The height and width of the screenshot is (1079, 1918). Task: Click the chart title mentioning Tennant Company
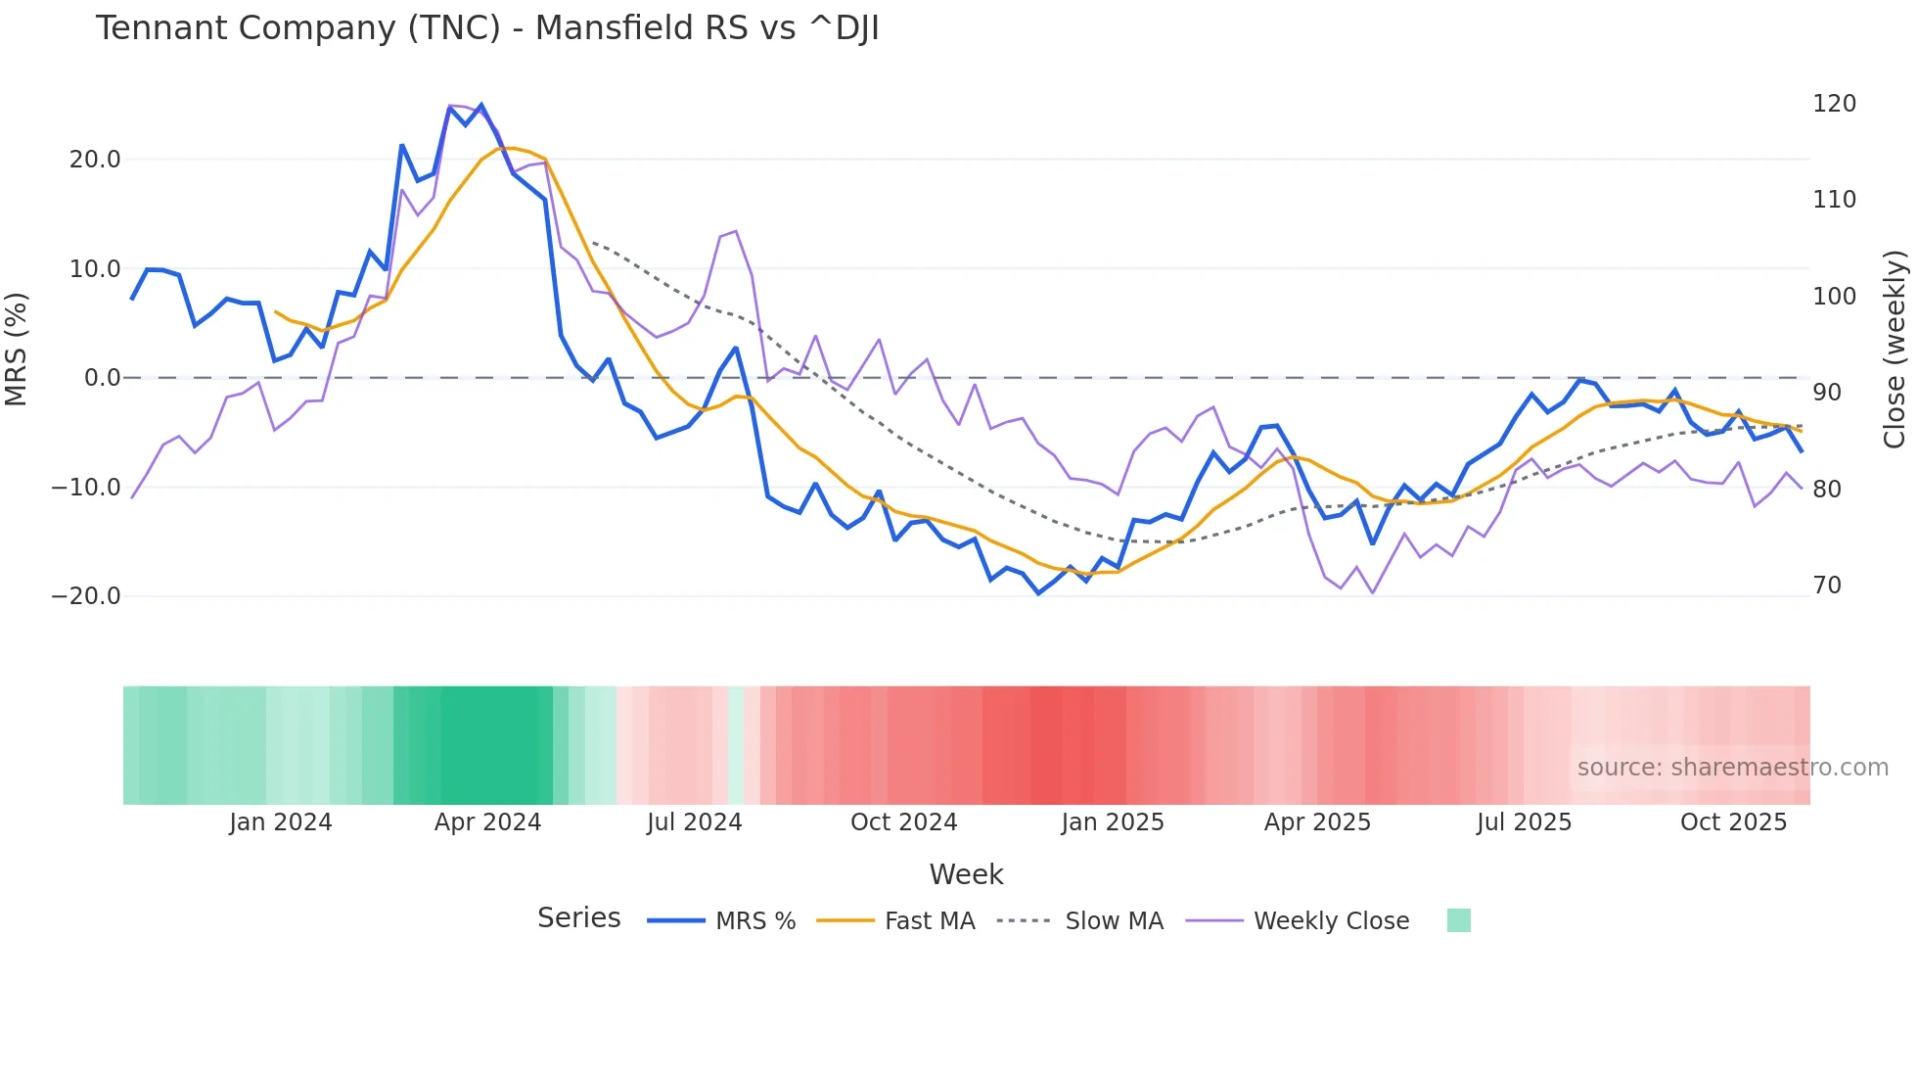pyautogui.click(x=486, y=28)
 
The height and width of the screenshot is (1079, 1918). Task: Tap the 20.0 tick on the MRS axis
pyautogui.click(x=95, y=160)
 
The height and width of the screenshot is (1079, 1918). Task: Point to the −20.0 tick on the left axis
pyautogui.click(x=86, y=596)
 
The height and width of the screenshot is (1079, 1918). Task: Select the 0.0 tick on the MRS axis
pyautogui.click(x=102, y=378)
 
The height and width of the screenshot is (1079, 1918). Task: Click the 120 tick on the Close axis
pyautogui.click(x=1834, y=104)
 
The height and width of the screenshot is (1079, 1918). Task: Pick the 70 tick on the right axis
pyautogui.click(x=1826, y=586)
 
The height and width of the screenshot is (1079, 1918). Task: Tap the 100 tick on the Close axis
pyautogui.click(x=1834, y=297)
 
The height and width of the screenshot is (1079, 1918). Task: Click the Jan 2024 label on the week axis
pyautogui.click(x=281, y=822)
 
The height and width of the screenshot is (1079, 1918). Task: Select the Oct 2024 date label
pyautogui.click(x=903, y=822)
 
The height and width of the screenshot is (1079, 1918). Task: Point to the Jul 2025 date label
pyautogui.click(x=1524, y=822)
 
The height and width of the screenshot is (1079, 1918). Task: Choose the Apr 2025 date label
pyautogui.click(x=1317, y=822)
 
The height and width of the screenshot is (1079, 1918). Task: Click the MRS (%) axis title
pyautogui.click(x=17, y=349)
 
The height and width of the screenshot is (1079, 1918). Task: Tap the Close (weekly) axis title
pyautogui.click(x=1895, y=350)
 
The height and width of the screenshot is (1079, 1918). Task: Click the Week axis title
pyautogui.click(x=966, y=874)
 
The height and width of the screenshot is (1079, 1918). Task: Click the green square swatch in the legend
pyautogui.click(x=1458, y=920)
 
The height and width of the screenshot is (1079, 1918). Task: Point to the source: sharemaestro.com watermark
pyautogui.click(x=1732, y=768)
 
